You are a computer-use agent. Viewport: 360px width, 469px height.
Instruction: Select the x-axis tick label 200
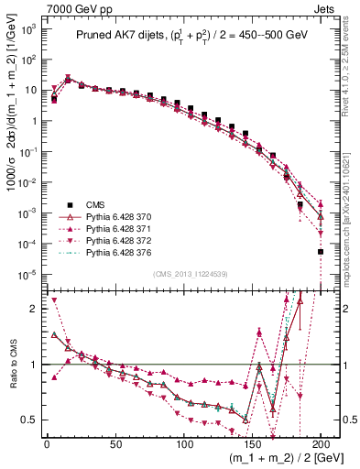pos(321,444)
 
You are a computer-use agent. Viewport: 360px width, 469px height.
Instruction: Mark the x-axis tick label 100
pos(184,444)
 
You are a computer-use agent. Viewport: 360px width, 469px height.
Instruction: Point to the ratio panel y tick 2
pos(33,309)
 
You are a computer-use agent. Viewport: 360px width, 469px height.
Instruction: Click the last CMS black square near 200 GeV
pos(321,251)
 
